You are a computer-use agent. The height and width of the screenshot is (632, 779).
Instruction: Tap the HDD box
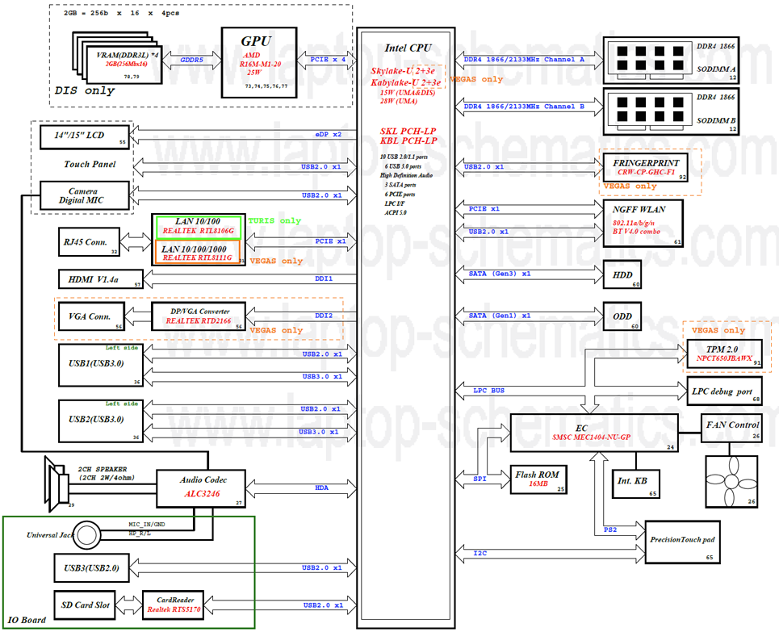[x=623, y=274]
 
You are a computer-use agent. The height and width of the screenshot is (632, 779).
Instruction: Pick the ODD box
[x=623, y=316]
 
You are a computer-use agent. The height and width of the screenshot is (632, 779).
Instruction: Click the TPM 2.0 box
[x=723, y=352]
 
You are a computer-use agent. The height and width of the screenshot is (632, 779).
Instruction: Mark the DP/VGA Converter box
[x=199, y=316]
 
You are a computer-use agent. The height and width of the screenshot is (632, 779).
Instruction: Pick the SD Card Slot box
[x=86, y=603]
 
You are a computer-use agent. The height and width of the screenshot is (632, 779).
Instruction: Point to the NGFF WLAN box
[x=643, y=222]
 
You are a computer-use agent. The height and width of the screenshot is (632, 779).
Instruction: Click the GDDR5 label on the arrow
[x=191, y=60]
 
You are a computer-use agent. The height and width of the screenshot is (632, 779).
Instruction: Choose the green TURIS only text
[x=274, y=220]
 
